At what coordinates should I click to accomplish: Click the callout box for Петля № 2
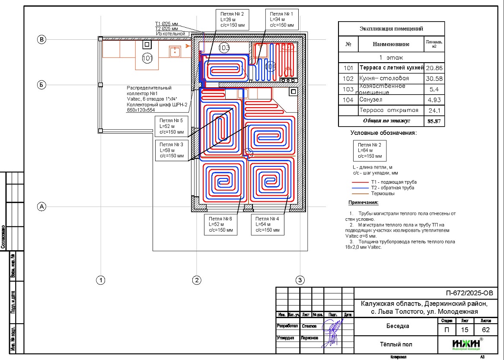pos(231,19)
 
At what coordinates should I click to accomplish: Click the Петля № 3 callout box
pos(171,150)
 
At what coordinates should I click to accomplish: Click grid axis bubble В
pos(42,40)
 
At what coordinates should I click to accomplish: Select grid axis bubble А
pos(42,207)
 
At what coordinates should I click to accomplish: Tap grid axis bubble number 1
pos(101,280)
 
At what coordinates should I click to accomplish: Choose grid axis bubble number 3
pos(300,280)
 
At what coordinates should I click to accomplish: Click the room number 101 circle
pos(147,57)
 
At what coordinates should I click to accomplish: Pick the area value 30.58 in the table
pos(434,79)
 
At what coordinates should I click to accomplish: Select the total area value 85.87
pos(434,121)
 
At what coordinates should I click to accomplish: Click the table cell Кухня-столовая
pos(384,79)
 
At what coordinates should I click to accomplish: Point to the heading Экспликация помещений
pos(391,29)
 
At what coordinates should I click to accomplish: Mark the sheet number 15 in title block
pos(465,330)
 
